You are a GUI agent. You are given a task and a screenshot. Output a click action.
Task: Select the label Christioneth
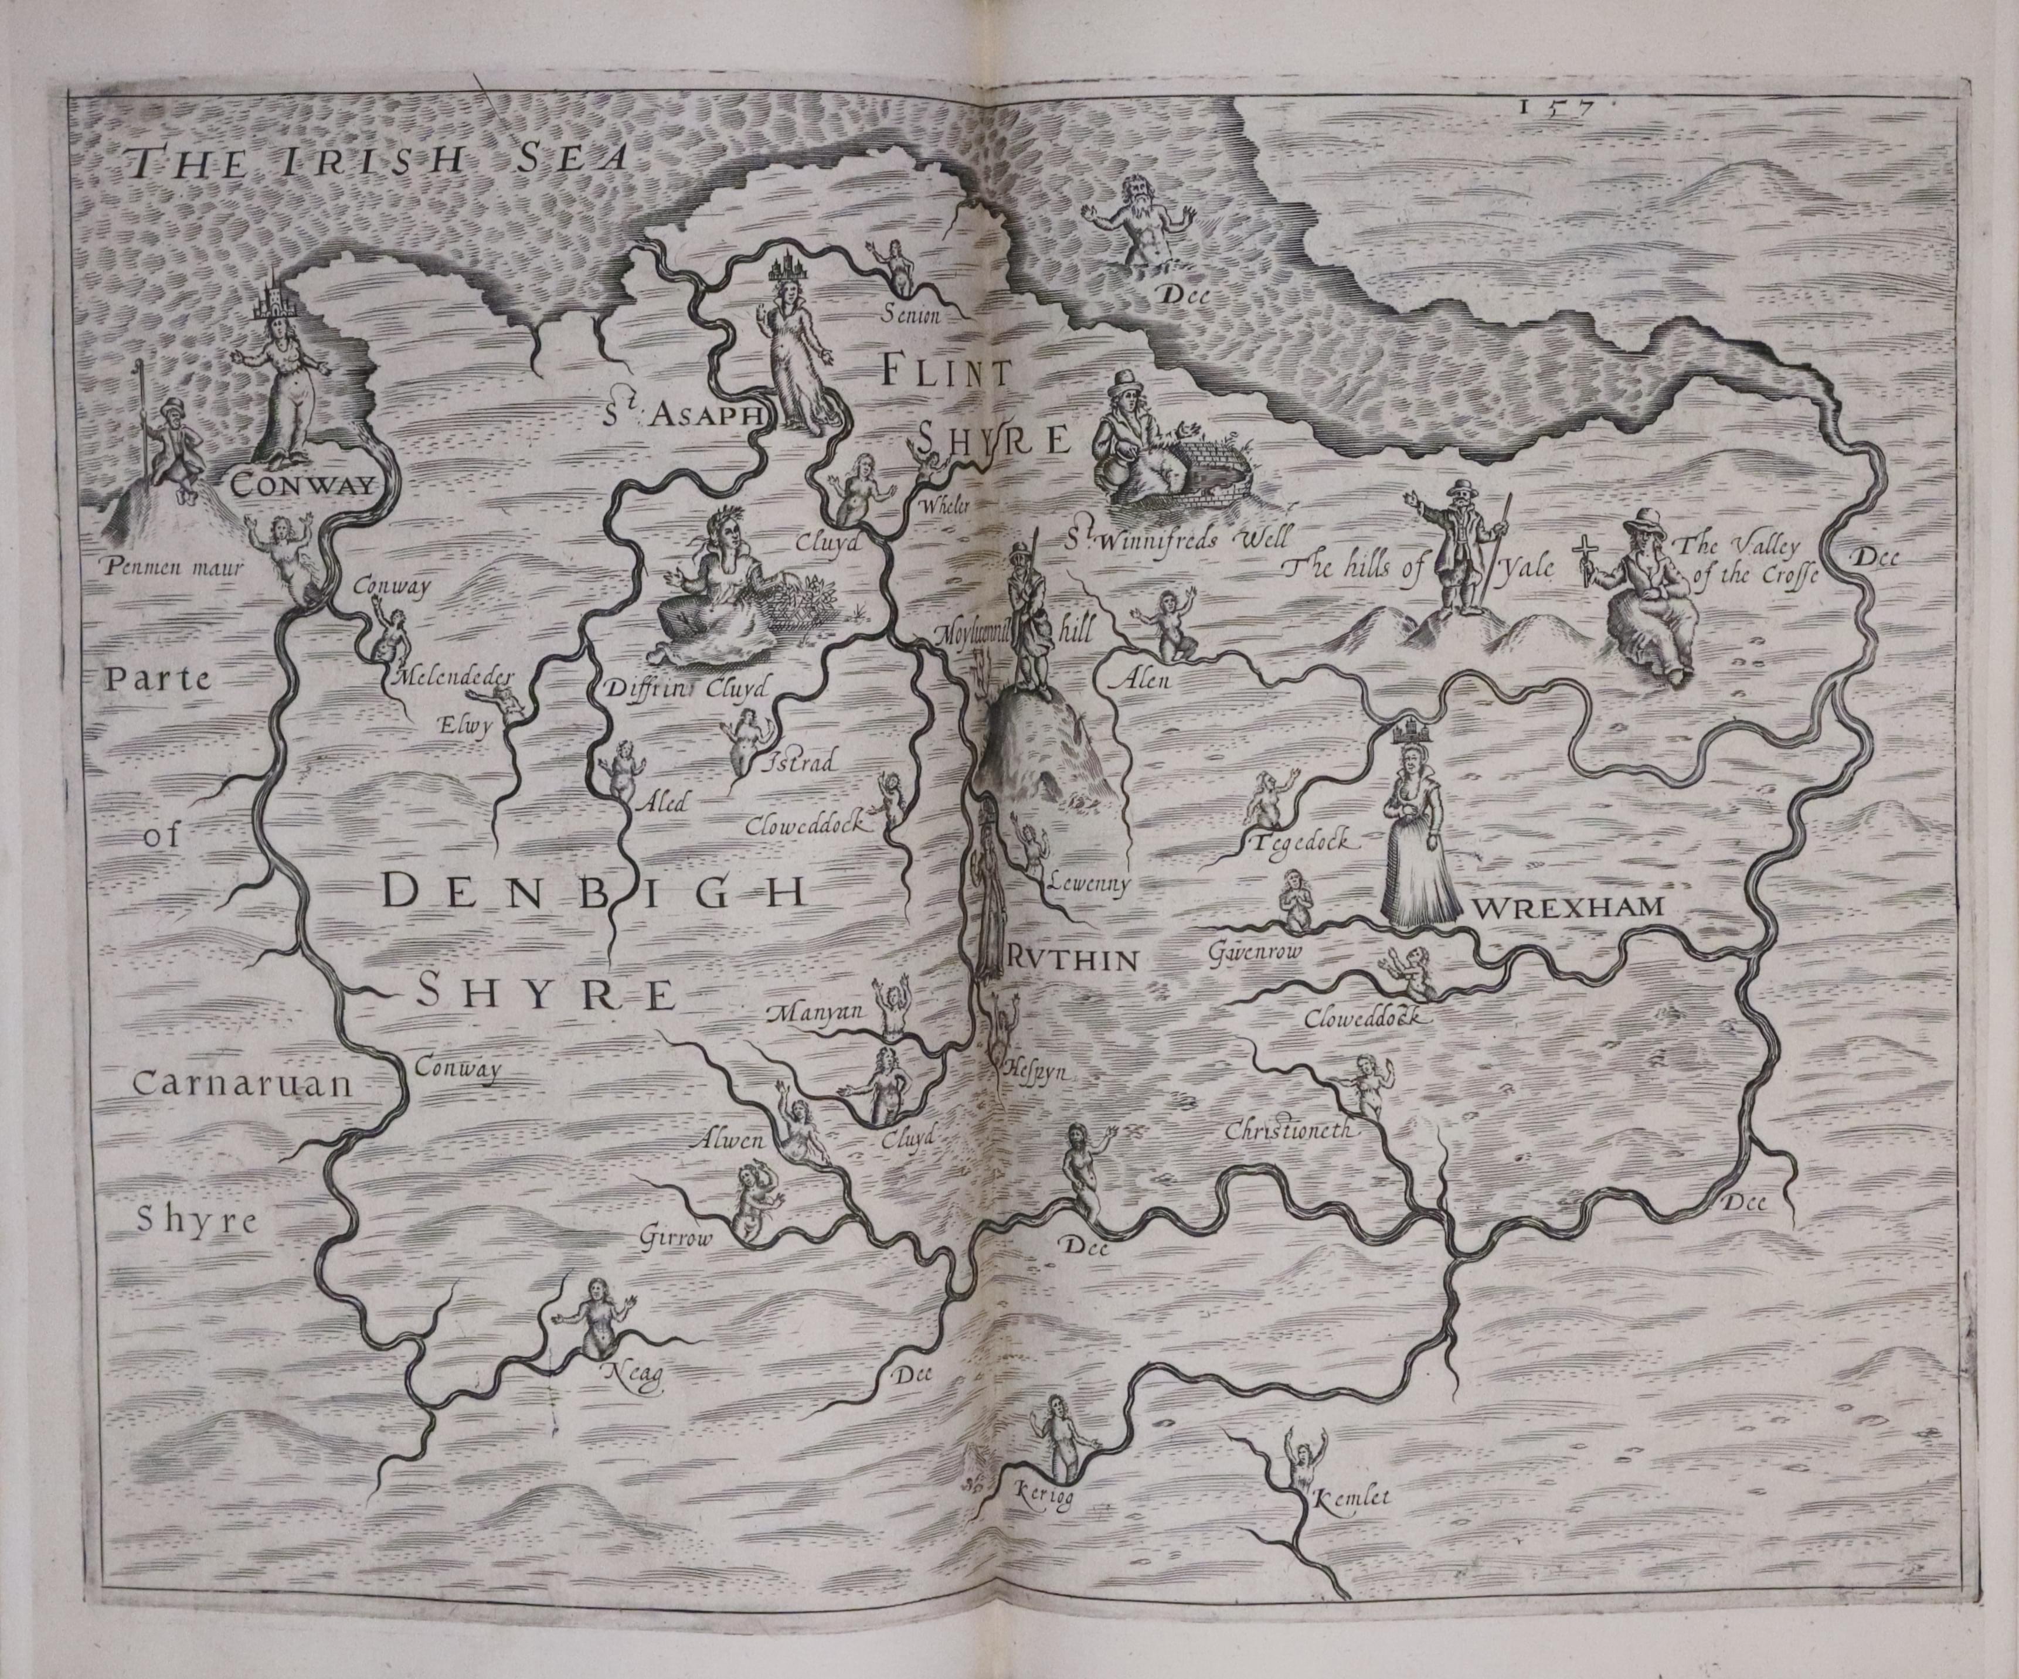tap(1289, 1131)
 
